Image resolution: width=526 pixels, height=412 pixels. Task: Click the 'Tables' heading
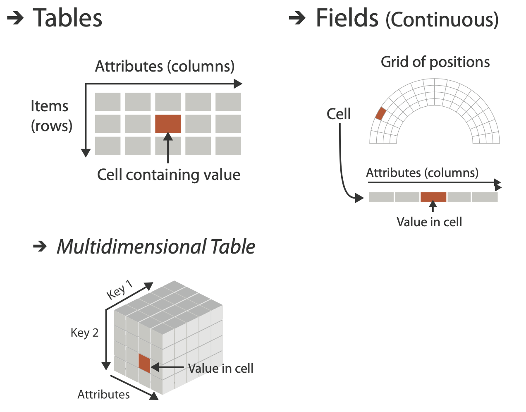click(x=67, y=19)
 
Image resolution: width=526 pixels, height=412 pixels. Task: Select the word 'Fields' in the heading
click(x=347, y=19)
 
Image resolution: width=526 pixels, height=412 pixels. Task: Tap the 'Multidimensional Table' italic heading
click(x=156, y=247)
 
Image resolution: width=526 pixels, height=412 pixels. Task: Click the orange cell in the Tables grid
click(x=168, y=124)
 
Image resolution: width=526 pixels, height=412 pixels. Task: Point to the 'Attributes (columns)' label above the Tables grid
click(x=165, y=67)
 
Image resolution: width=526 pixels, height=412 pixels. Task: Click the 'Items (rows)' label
click(x=51, y=116)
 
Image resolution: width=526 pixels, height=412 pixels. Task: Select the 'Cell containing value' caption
click(x=169, y=175)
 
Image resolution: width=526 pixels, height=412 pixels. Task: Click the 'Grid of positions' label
click(x=435, y=62)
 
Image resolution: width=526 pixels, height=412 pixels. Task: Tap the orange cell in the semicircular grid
click(x=380, y=114)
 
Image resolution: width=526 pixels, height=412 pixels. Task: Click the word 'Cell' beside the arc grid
click(x=338, y=114)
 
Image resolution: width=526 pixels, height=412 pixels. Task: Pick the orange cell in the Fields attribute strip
click(x=433, y=197)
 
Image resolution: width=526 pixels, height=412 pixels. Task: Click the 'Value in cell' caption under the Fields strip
click(x=429, y=222)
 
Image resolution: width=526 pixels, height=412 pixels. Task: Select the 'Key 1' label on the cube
click(x=120, y=289)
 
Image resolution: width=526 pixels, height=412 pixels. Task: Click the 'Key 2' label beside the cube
click(x=84, y=333)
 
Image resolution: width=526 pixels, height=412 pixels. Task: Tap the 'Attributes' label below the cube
click(x=103, y=395)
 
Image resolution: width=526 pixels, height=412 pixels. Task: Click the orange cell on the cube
click(x=144, y=363)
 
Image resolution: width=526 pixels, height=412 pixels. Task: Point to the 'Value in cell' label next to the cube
click(x=221, y=368)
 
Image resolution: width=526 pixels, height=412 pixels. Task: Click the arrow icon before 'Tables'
click(x=16, y=18)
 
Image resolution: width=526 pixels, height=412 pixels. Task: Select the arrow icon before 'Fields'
click(x=297, y=18)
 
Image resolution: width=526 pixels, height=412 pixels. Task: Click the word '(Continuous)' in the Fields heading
click(x=442, y=20)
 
